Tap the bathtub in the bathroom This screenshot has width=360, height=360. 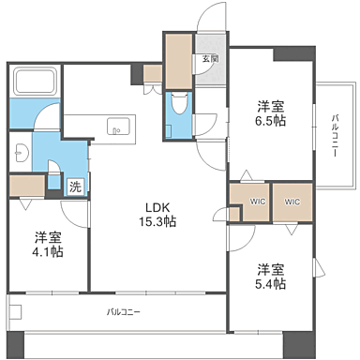coord(36,83)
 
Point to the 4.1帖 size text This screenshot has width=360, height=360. coord(50,250)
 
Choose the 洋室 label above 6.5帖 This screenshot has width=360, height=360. coord(272,105)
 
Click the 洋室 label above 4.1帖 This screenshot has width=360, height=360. coord(50,236)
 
